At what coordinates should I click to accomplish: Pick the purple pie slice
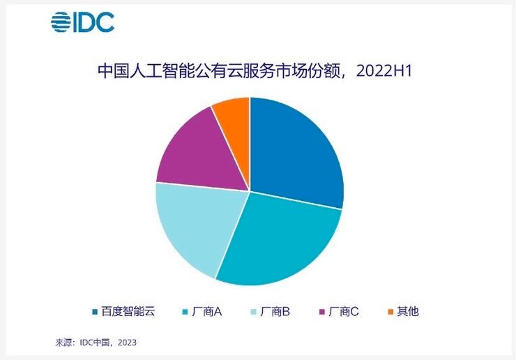coord(192,150)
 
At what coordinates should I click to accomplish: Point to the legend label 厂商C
coord(343,311)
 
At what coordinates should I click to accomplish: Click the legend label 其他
coord(408,311)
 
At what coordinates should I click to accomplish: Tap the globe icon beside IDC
coord(61,22)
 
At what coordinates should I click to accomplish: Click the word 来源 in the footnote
coord(63,343)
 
